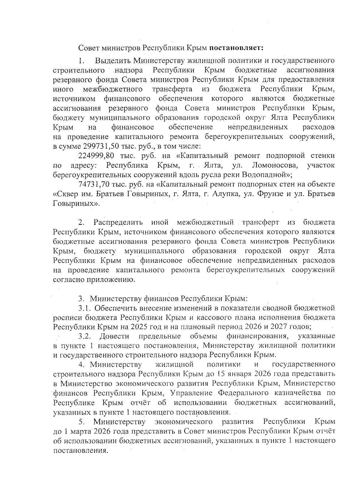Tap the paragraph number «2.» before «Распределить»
coord(81,223)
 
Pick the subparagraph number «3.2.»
coord(85,336)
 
